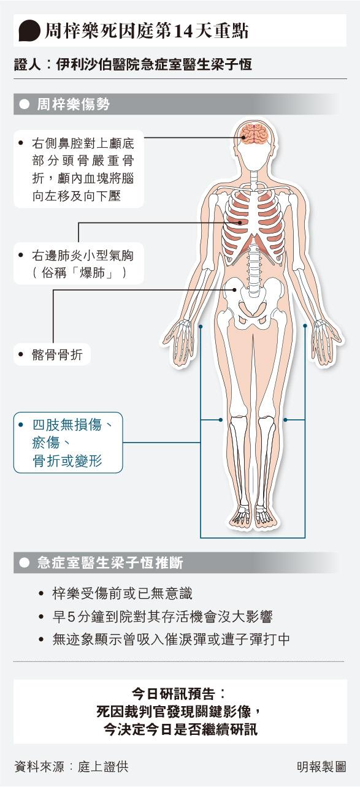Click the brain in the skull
pos(255,134)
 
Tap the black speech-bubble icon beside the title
pos(29,31)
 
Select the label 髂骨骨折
pos(57,355)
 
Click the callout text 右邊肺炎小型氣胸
pos(83,256)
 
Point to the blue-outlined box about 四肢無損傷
pos(68,443)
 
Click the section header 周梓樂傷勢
pos(74,104)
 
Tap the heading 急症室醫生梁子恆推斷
pos(110,563)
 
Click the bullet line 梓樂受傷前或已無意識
pos(122,594)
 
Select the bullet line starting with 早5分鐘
pos(163,617)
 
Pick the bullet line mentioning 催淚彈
pos(171,639)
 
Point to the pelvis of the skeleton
pos(253,302)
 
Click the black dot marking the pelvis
pos(234,289)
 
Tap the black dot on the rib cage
pos(240,222)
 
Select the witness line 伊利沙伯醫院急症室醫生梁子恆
pos(154,64)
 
